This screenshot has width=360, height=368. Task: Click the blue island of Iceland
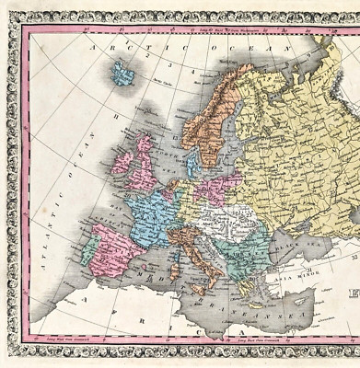[122, 74]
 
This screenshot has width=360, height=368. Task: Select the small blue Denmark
[192, 164]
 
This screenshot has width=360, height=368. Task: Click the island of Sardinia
[172, 266]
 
